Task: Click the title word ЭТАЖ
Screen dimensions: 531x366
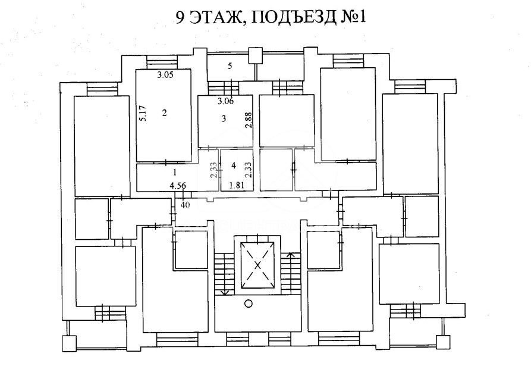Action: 213,17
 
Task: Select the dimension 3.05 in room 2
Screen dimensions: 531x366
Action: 165,75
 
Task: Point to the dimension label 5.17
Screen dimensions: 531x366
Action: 143,114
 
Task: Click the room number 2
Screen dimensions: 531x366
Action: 165,112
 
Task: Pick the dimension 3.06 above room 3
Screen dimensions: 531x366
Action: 225,101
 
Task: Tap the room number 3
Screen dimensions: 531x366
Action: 224,118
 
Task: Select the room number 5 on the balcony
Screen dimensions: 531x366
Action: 230,65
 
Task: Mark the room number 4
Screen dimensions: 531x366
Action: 233,165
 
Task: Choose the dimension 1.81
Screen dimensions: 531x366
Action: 237,185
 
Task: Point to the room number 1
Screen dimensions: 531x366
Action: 175,173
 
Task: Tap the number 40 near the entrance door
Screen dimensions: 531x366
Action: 186,205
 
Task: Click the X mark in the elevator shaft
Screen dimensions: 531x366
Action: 257,265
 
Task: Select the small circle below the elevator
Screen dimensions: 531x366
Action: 249,304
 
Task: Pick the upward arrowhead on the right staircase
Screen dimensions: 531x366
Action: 290,255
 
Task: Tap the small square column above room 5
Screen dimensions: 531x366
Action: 255,56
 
